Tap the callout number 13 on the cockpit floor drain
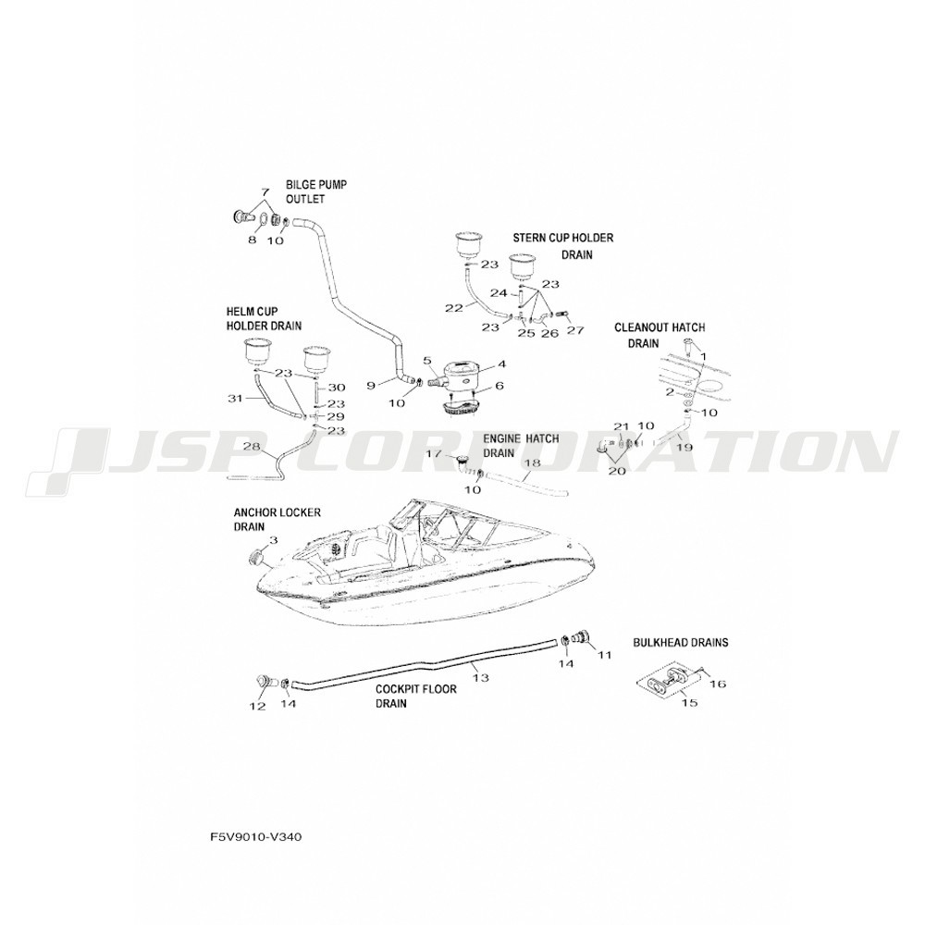coord(479,677)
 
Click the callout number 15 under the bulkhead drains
coord(689,702)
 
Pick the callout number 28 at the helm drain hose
coord(251,447)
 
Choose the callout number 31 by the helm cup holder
coord(235,398)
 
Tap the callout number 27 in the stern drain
coord(575,330)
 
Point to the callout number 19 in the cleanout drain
coord(684,447)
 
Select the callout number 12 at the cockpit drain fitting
coord(257,707)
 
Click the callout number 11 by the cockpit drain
coord(605,655)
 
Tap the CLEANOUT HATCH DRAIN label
coord(660,335)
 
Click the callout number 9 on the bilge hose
coord(371,384)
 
